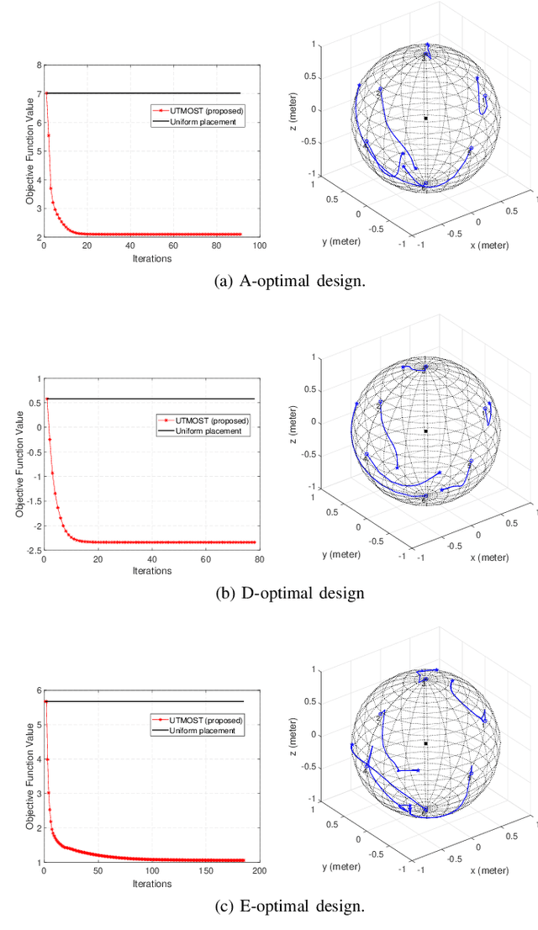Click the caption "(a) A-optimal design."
(x=291, y=281)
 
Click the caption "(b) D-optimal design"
(x=290, y=593)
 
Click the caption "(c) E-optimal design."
(x=291, y=906)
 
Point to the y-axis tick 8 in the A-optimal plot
(x=39, y=65)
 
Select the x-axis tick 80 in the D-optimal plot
(x=259, y=559)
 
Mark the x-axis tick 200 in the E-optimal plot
(x=258, y=872)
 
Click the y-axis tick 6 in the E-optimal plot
(x=39, y=690)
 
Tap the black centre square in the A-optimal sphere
(x=425, y=119)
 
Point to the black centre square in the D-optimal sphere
(x=425, y=431)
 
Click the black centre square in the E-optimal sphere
(x=425, y=743)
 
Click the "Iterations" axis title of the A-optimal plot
(x=151, y=258)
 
